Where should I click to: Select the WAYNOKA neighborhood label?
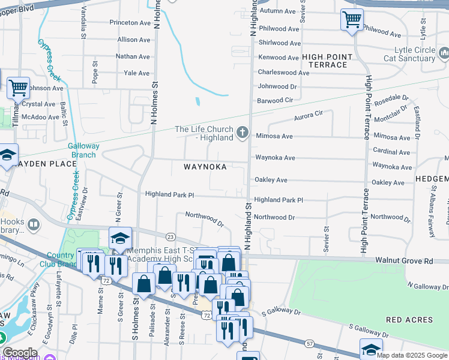click(x=205, y=167)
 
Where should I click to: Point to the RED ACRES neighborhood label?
click(x=409, y=320)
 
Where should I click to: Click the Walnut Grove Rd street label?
click(x=404, y=261)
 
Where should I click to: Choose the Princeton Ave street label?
click(x=129, y=23)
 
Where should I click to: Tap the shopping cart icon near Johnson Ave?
click(x=18, y=88)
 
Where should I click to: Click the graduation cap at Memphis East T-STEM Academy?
click(x=120, y=238)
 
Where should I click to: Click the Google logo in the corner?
click(x=20, y=353)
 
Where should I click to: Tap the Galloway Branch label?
click(x=82, y=150)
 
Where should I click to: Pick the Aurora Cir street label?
click(x=308, y=114)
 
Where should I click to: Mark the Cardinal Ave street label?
click(x=391, y=151)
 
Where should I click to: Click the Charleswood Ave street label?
click(x=283, y=73)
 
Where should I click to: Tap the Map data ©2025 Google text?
click(x=411, y=355)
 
